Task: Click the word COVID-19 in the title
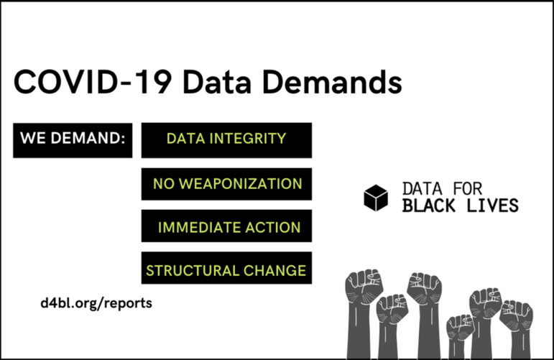pos(93,82)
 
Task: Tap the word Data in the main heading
pos(217,82)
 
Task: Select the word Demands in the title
pos(332,82)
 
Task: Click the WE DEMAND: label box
pos(73,140)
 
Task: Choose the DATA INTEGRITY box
pos(226,140)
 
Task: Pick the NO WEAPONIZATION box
pos(226,184)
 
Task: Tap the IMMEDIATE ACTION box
pos(226,226)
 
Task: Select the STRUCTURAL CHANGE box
pos(226,268)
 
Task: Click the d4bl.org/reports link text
pos(96,303)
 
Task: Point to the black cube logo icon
pos(376,198)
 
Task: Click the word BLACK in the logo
pos(428,206)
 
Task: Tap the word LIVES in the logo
pos(492,206)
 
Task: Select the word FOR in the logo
pos(468,189)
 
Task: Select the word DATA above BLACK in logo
pos(423,189)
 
